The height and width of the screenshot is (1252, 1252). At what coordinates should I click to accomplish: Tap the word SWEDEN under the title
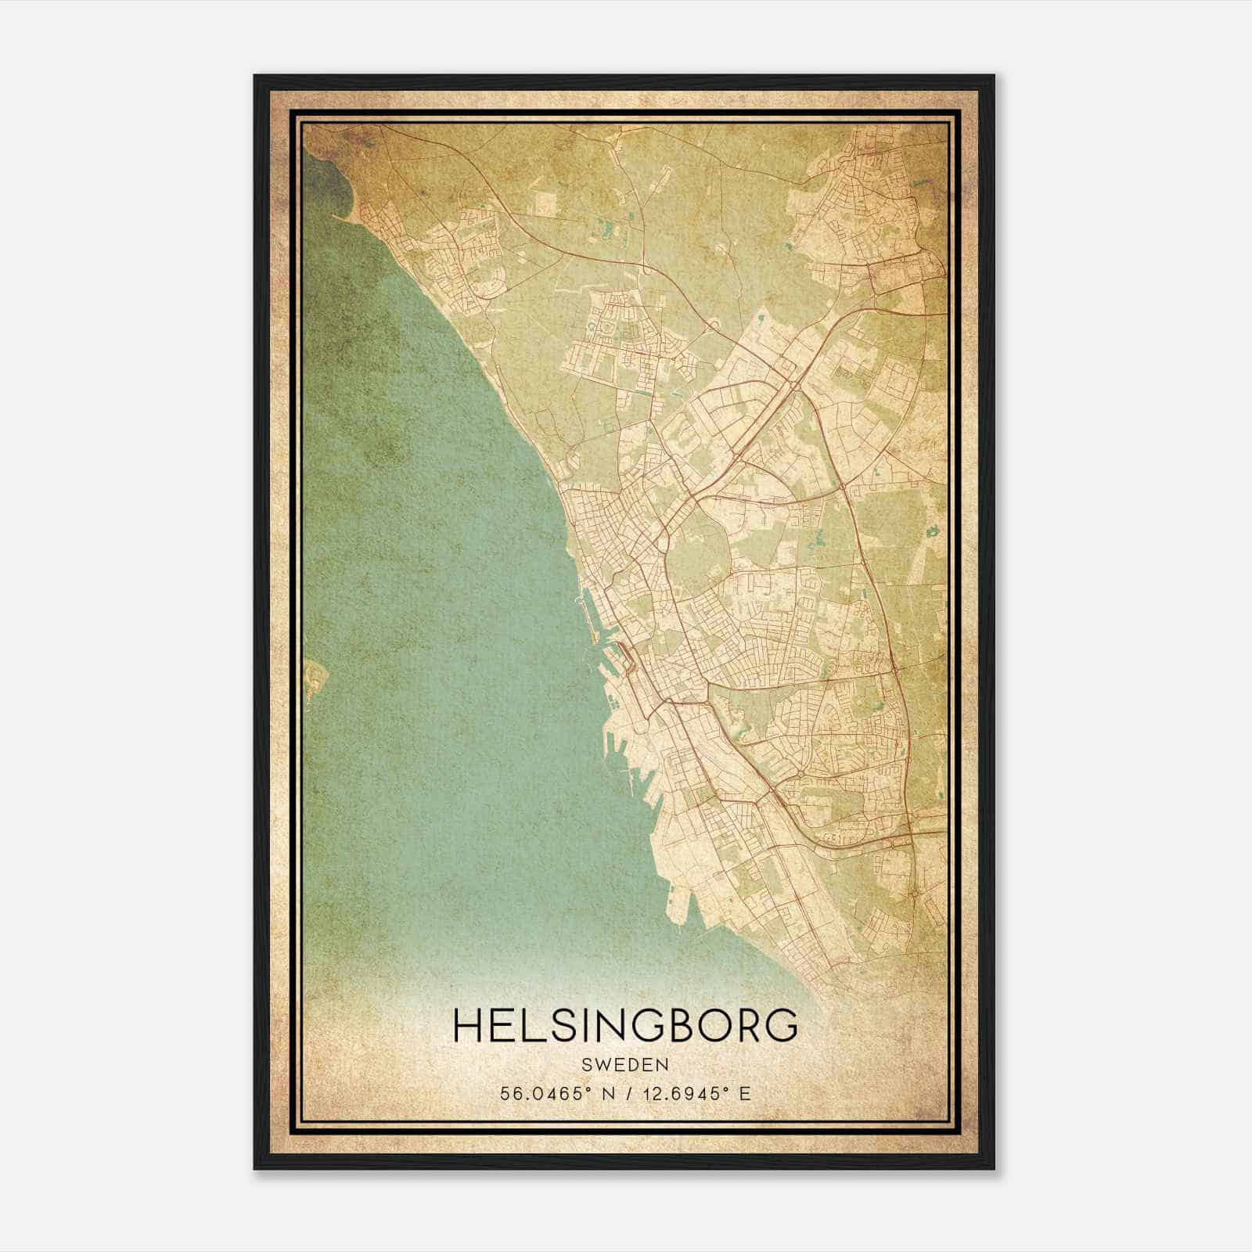625,1066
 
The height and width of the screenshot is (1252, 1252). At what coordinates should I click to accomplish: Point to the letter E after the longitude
745,1094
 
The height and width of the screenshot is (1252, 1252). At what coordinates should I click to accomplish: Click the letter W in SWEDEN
603,1066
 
